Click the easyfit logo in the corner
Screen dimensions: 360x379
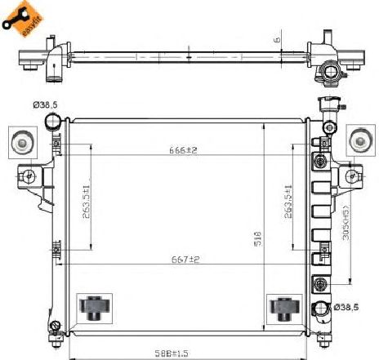coord(20,18)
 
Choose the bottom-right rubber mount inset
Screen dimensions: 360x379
coord(283,308)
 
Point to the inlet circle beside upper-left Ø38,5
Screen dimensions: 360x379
coord(54,123)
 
